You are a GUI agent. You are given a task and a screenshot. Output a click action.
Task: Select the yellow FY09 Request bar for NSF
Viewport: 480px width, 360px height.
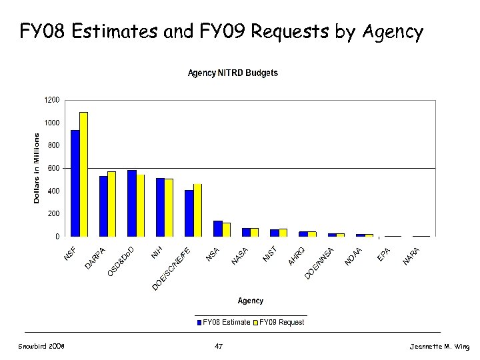(x=83, y=175)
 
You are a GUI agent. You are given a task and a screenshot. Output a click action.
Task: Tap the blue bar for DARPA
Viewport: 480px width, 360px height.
(x=103, y=206)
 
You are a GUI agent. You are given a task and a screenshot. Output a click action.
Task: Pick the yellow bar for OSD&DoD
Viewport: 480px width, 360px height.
(x=140, y=205)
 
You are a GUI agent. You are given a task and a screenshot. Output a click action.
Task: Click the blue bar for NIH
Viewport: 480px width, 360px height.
(x=160, y=207)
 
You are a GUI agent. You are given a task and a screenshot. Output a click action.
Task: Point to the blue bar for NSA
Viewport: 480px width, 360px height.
(x=217, y=229)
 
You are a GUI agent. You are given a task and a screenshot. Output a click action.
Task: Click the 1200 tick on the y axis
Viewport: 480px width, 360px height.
(x=52, y=100)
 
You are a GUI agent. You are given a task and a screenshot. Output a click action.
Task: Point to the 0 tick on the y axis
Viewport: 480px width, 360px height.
(x=57, y=237)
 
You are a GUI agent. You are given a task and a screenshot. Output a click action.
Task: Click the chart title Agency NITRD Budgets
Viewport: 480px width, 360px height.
(x=233, y=73)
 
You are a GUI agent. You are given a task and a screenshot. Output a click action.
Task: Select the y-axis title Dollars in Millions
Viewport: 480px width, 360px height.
(x=37, y=168)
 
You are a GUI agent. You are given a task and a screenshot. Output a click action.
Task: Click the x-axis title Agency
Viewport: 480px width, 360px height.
(x=251, y=301)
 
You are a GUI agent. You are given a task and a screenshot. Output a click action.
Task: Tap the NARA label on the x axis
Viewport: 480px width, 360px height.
(x=412, y=255)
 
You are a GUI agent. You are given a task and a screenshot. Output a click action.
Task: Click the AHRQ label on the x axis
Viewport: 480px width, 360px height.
(x=297, y=255)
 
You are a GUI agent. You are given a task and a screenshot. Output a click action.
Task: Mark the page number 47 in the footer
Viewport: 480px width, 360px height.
(x=219, y=346)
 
